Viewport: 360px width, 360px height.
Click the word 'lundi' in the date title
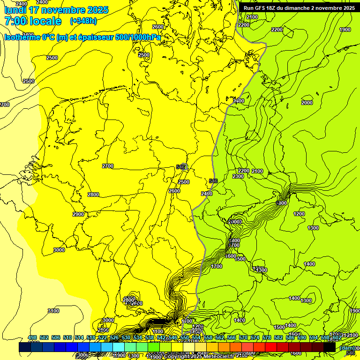(16, 10)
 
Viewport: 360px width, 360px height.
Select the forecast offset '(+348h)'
(83, 21)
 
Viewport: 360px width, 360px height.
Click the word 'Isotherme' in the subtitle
(22, 37)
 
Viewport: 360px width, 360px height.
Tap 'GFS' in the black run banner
(260, 8)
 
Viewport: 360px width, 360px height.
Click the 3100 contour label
(53, 311)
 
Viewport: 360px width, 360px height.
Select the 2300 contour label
(238, 176)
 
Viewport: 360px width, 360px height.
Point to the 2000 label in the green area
(307, 103)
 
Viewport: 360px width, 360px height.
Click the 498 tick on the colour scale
(32, 338)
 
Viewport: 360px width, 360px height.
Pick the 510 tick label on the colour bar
(67, 338)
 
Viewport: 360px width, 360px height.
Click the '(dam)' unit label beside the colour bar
(347, 348)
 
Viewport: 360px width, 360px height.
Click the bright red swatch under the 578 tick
(271, 347)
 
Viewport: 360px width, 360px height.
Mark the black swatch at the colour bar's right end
(330, 347)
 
